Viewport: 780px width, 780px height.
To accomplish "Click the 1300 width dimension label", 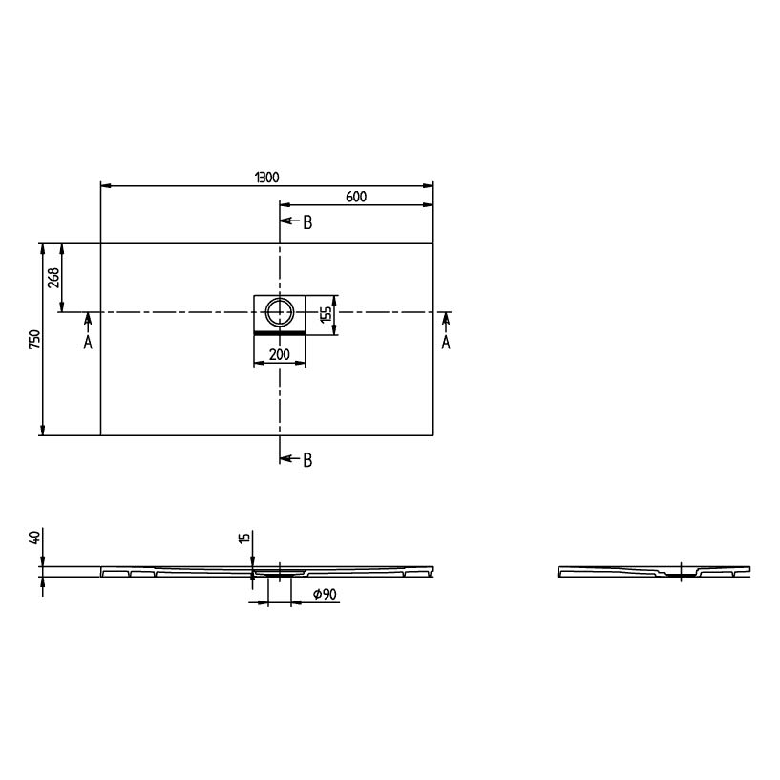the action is (267, 177).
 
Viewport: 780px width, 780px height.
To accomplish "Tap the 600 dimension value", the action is (356, 197).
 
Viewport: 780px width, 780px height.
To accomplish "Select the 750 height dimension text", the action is (34, 339).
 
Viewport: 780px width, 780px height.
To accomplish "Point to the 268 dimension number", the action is (53, 278).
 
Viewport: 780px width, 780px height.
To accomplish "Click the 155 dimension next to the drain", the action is (326, 315).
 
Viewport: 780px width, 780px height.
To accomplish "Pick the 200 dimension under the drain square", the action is (280, 355).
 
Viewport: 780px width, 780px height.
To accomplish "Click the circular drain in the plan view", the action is (280, 312).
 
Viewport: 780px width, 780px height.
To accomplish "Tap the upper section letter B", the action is (308, 222).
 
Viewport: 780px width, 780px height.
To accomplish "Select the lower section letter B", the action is (308, 460).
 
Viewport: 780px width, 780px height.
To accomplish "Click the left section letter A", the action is (88, 342).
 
